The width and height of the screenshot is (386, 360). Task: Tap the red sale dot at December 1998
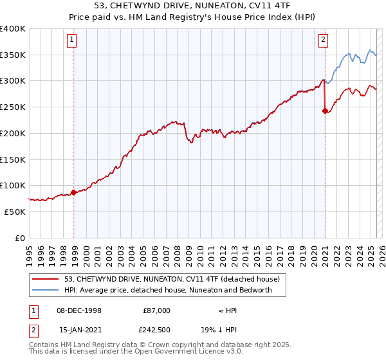[74, 192]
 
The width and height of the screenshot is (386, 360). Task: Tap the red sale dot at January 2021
[325, 111]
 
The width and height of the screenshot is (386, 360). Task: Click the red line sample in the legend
[46, 279]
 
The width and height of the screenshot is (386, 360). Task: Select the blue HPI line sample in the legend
[46, 290]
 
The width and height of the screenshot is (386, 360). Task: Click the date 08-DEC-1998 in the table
[78, 310]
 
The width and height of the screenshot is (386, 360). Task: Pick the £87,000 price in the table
[156, 310]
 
